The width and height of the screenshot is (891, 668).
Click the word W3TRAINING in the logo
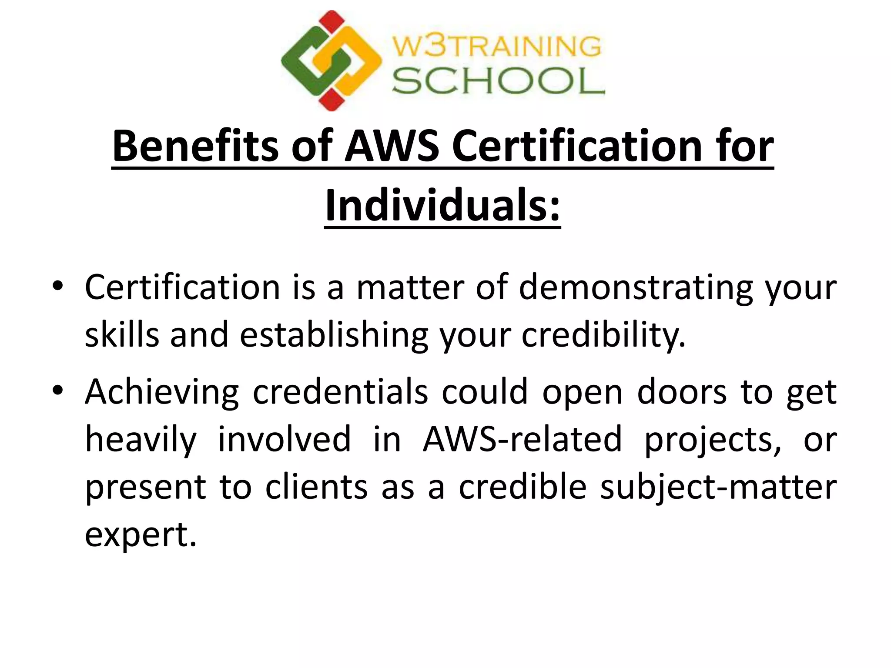(x=497, y=47)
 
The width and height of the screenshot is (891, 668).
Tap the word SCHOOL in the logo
(x=498, y=81)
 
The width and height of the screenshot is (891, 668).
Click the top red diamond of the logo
(x=332, y=22)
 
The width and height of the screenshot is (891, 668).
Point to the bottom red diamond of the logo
(x=332, y=100)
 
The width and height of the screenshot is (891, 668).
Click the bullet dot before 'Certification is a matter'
(x=57, y=287)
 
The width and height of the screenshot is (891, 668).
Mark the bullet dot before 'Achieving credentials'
(x=57, y=391)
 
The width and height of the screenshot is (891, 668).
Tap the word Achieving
(x=162, y=393)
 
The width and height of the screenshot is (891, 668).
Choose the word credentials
(x=341, y=392)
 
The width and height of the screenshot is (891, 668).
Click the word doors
(x=682, y=392)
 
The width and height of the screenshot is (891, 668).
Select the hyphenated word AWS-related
(x=522, y=439)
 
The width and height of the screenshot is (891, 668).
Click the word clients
(x=316, y=487)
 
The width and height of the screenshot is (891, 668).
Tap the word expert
(x=141, y=535)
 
